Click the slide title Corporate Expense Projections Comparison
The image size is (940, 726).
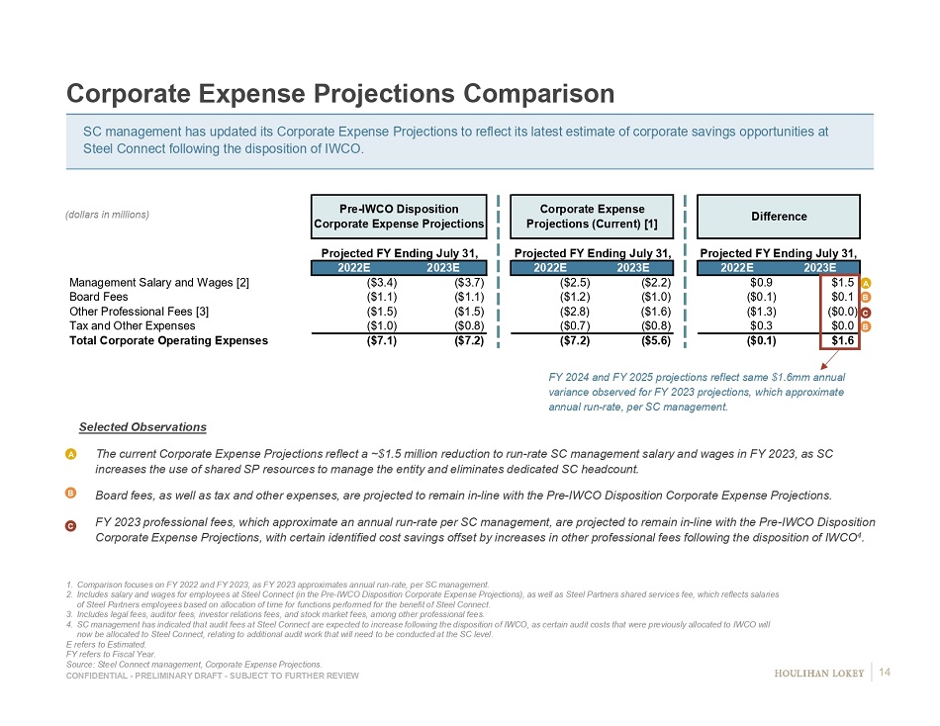339,94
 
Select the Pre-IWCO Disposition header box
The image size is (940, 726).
399,217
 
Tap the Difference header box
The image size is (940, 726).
779,217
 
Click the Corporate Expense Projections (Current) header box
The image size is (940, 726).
593,217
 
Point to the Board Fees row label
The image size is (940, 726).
98,296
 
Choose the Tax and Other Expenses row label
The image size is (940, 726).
132,325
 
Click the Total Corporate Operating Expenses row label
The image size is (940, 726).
168,341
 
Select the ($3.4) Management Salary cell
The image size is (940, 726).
383,282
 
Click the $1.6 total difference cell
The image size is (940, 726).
843,341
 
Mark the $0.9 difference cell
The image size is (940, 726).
761,282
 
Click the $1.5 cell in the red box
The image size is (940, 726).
843,282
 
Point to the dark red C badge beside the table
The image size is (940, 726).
865,312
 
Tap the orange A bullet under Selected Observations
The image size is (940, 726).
72,453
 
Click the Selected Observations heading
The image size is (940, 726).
142,427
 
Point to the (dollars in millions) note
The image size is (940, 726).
108,216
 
